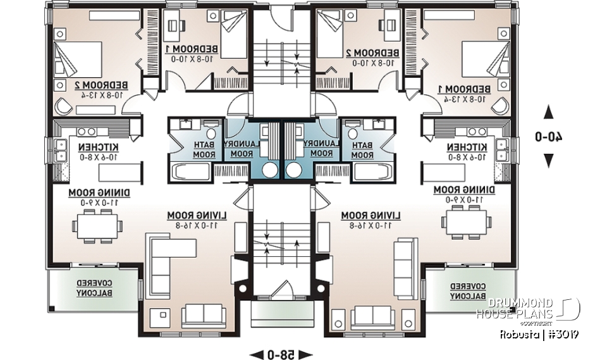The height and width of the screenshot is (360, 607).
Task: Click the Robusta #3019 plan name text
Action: [540, 334]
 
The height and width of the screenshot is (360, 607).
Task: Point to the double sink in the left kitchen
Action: [62, 149]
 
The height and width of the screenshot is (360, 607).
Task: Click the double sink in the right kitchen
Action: [503, 149]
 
